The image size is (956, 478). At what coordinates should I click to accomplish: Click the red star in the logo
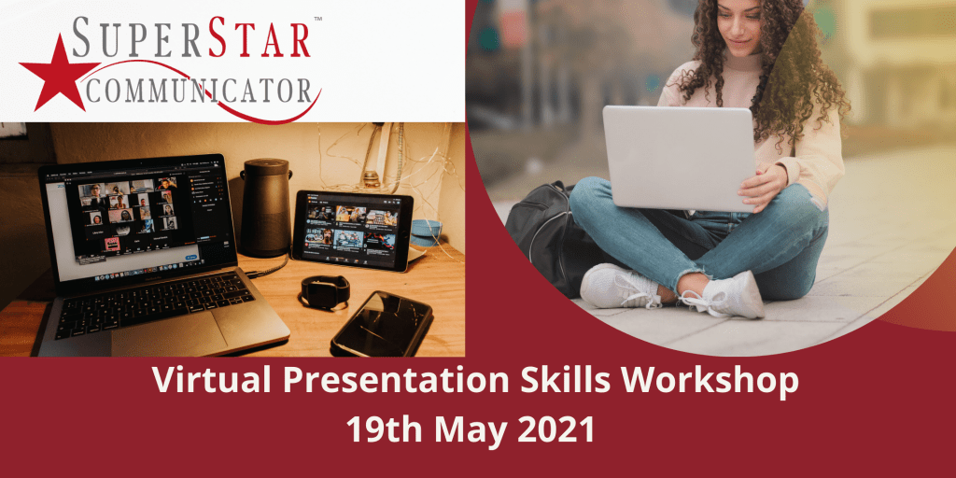pyautogui.click(x=59, y=73)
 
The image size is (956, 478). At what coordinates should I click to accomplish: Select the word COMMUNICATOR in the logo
pyautogui.click(x=198, y=90)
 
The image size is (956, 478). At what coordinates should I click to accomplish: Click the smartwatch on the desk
pyautogui.click(x=325, y=291)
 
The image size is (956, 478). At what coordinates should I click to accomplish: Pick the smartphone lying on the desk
pyautogui.click(x=382, y=324)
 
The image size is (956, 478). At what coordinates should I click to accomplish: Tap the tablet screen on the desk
pyautogui.click(x=352, y=229)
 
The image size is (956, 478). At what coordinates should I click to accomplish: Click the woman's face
pyautogui.click(x=740, y=27)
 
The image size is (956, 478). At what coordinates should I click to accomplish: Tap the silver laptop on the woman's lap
pyautogui.click(x=679, y=158)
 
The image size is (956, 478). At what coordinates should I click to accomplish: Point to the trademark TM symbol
pyautogui.click(x=317, y=19)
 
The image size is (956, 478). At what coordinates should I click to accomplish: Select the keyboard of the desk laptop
pyautogui.click(x=154, y=305)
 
